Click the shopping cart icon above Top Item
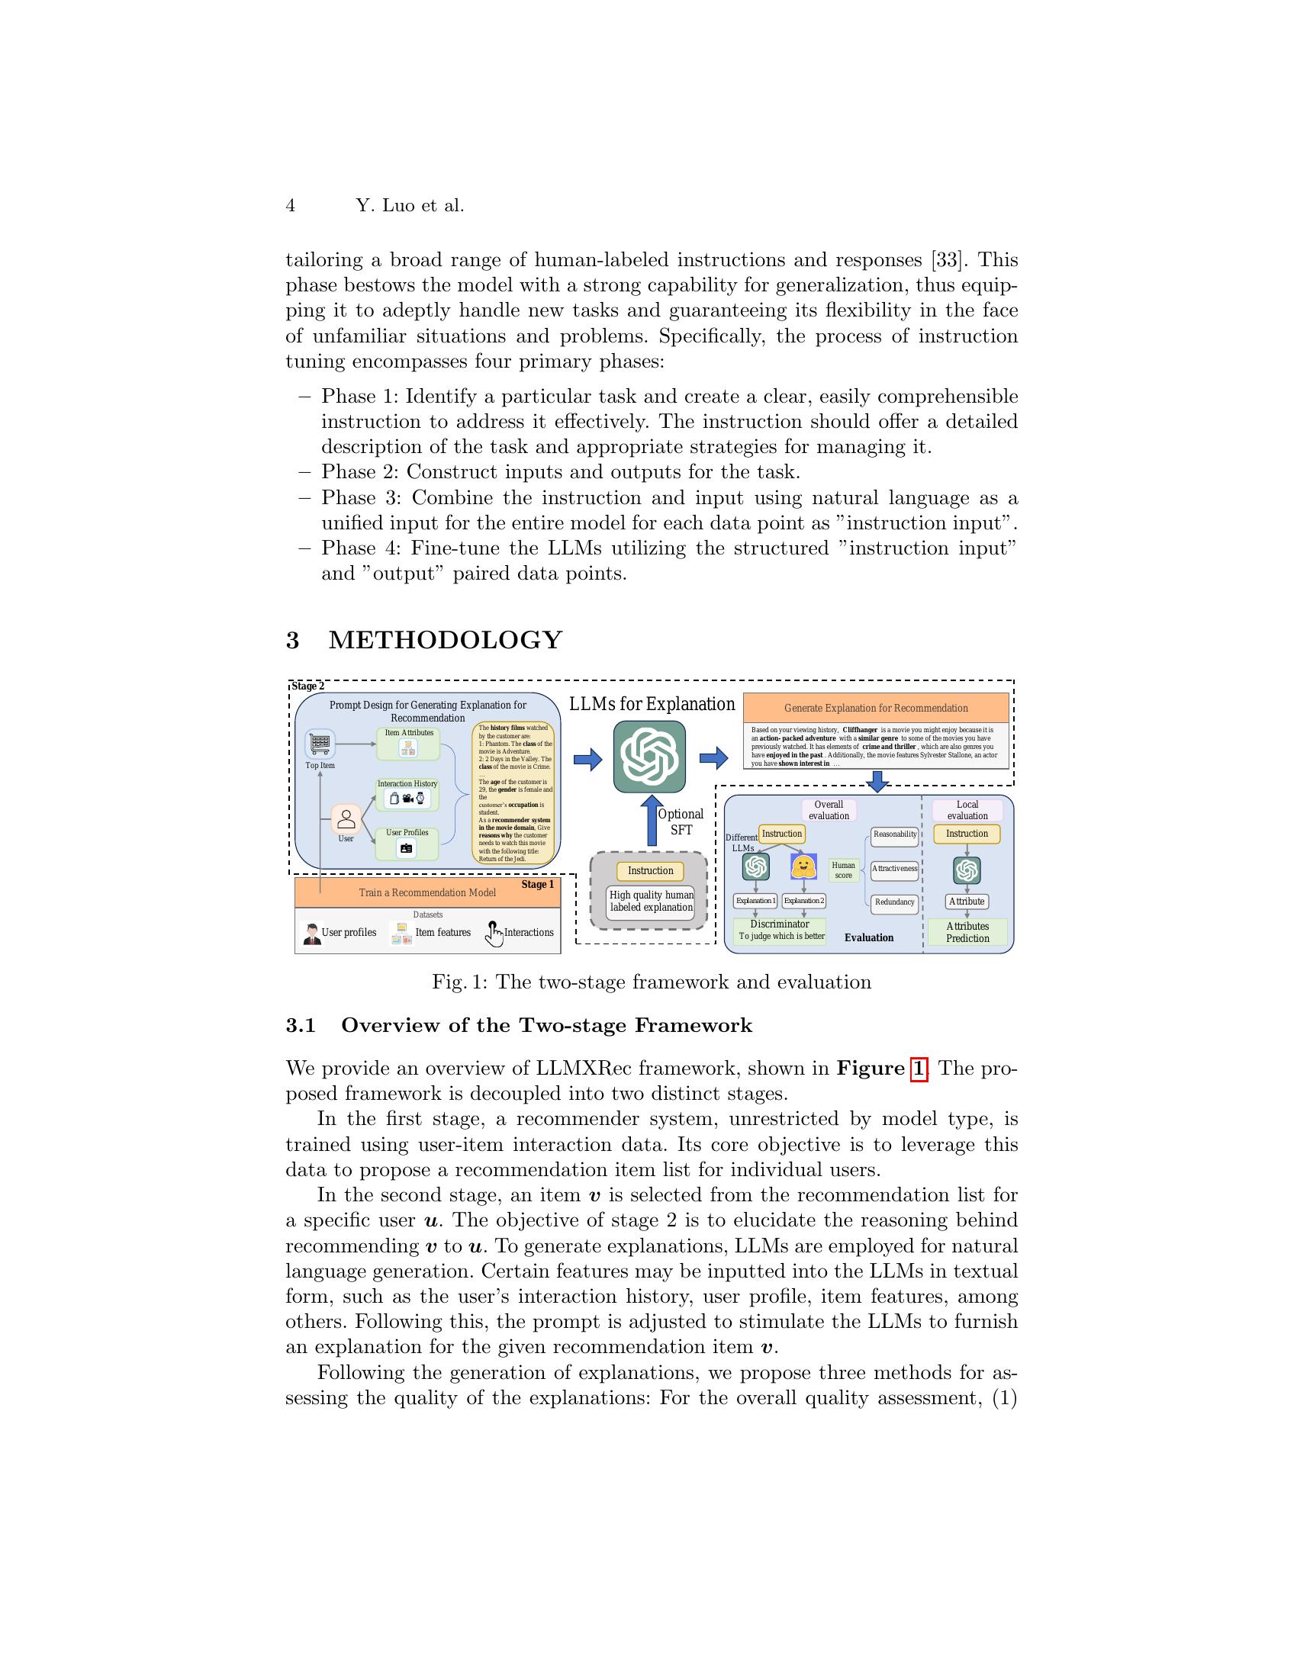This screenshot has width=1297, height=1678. click(x=320, y=744)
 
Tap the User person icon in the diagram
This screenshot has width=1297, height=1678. click(x=346, y=819)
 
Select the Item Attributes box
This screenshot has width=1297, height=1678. click(x=408, y=744)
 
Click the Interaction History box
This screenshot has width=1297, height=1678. click(x=407, y=796)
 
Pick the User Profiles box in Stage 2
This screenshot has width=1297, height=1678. click(x=407, y=844)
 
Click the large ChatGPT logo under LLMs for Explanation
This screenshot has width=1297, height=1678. click(x=649, y=756)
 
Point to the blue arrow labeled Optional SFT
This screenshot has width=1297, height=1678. click(x=652, y=821)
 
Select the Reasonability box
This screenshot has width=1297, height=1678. click(x=895, y=834)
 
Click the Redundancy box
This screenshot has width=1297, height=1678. click(x=895, y=902)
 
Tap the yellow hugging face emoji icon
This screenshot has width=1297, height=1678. click(x=803, y=866)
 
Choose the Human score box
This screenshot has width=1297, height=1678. click(x=844, y=870)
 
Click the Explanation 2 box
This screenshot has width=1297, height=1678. click(x=803, y=901)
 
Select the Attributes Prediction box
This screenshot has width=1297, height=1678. click(x=967, y=932)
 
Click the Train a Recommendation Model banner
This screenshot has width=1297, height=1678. click(x=427, y=893)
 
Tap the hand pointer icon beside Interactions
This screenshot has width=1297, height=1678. click(x=494, y=933)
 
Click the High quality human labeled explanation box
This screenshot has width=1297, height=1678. click(x=651, y=902)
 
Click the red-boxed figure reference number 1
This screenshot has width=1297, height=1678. click(x=918, y=1069)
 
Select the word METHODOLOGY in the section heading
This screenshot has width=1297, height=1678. click(x=446, y=640)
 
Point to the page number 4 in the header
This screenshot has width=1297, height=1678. click(x=291, y=205)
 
